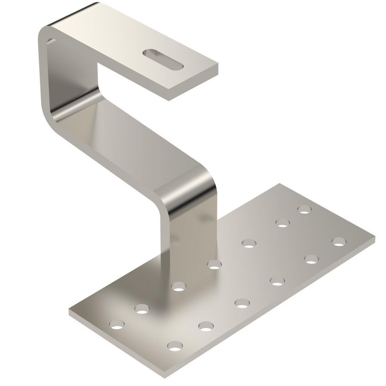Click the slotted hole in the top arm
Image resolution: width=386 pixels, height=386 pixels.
pos(163,59)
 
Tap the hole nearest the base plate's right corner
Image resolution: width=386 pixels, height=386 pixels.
pos(338,241)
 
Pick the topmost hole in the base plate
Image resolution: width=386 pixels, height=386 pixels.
pos(304,209)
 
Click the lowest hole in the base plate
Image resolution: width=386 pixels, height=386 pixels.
pos(174,345)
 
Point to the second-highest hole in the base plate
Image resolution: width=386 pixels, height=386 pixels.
pos(282,222)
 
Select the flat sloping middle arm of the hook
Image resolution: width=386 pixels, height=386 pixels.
pos(129,137)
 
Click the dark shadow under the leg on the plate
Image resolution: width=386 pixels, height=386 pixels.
pos(167,296)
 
